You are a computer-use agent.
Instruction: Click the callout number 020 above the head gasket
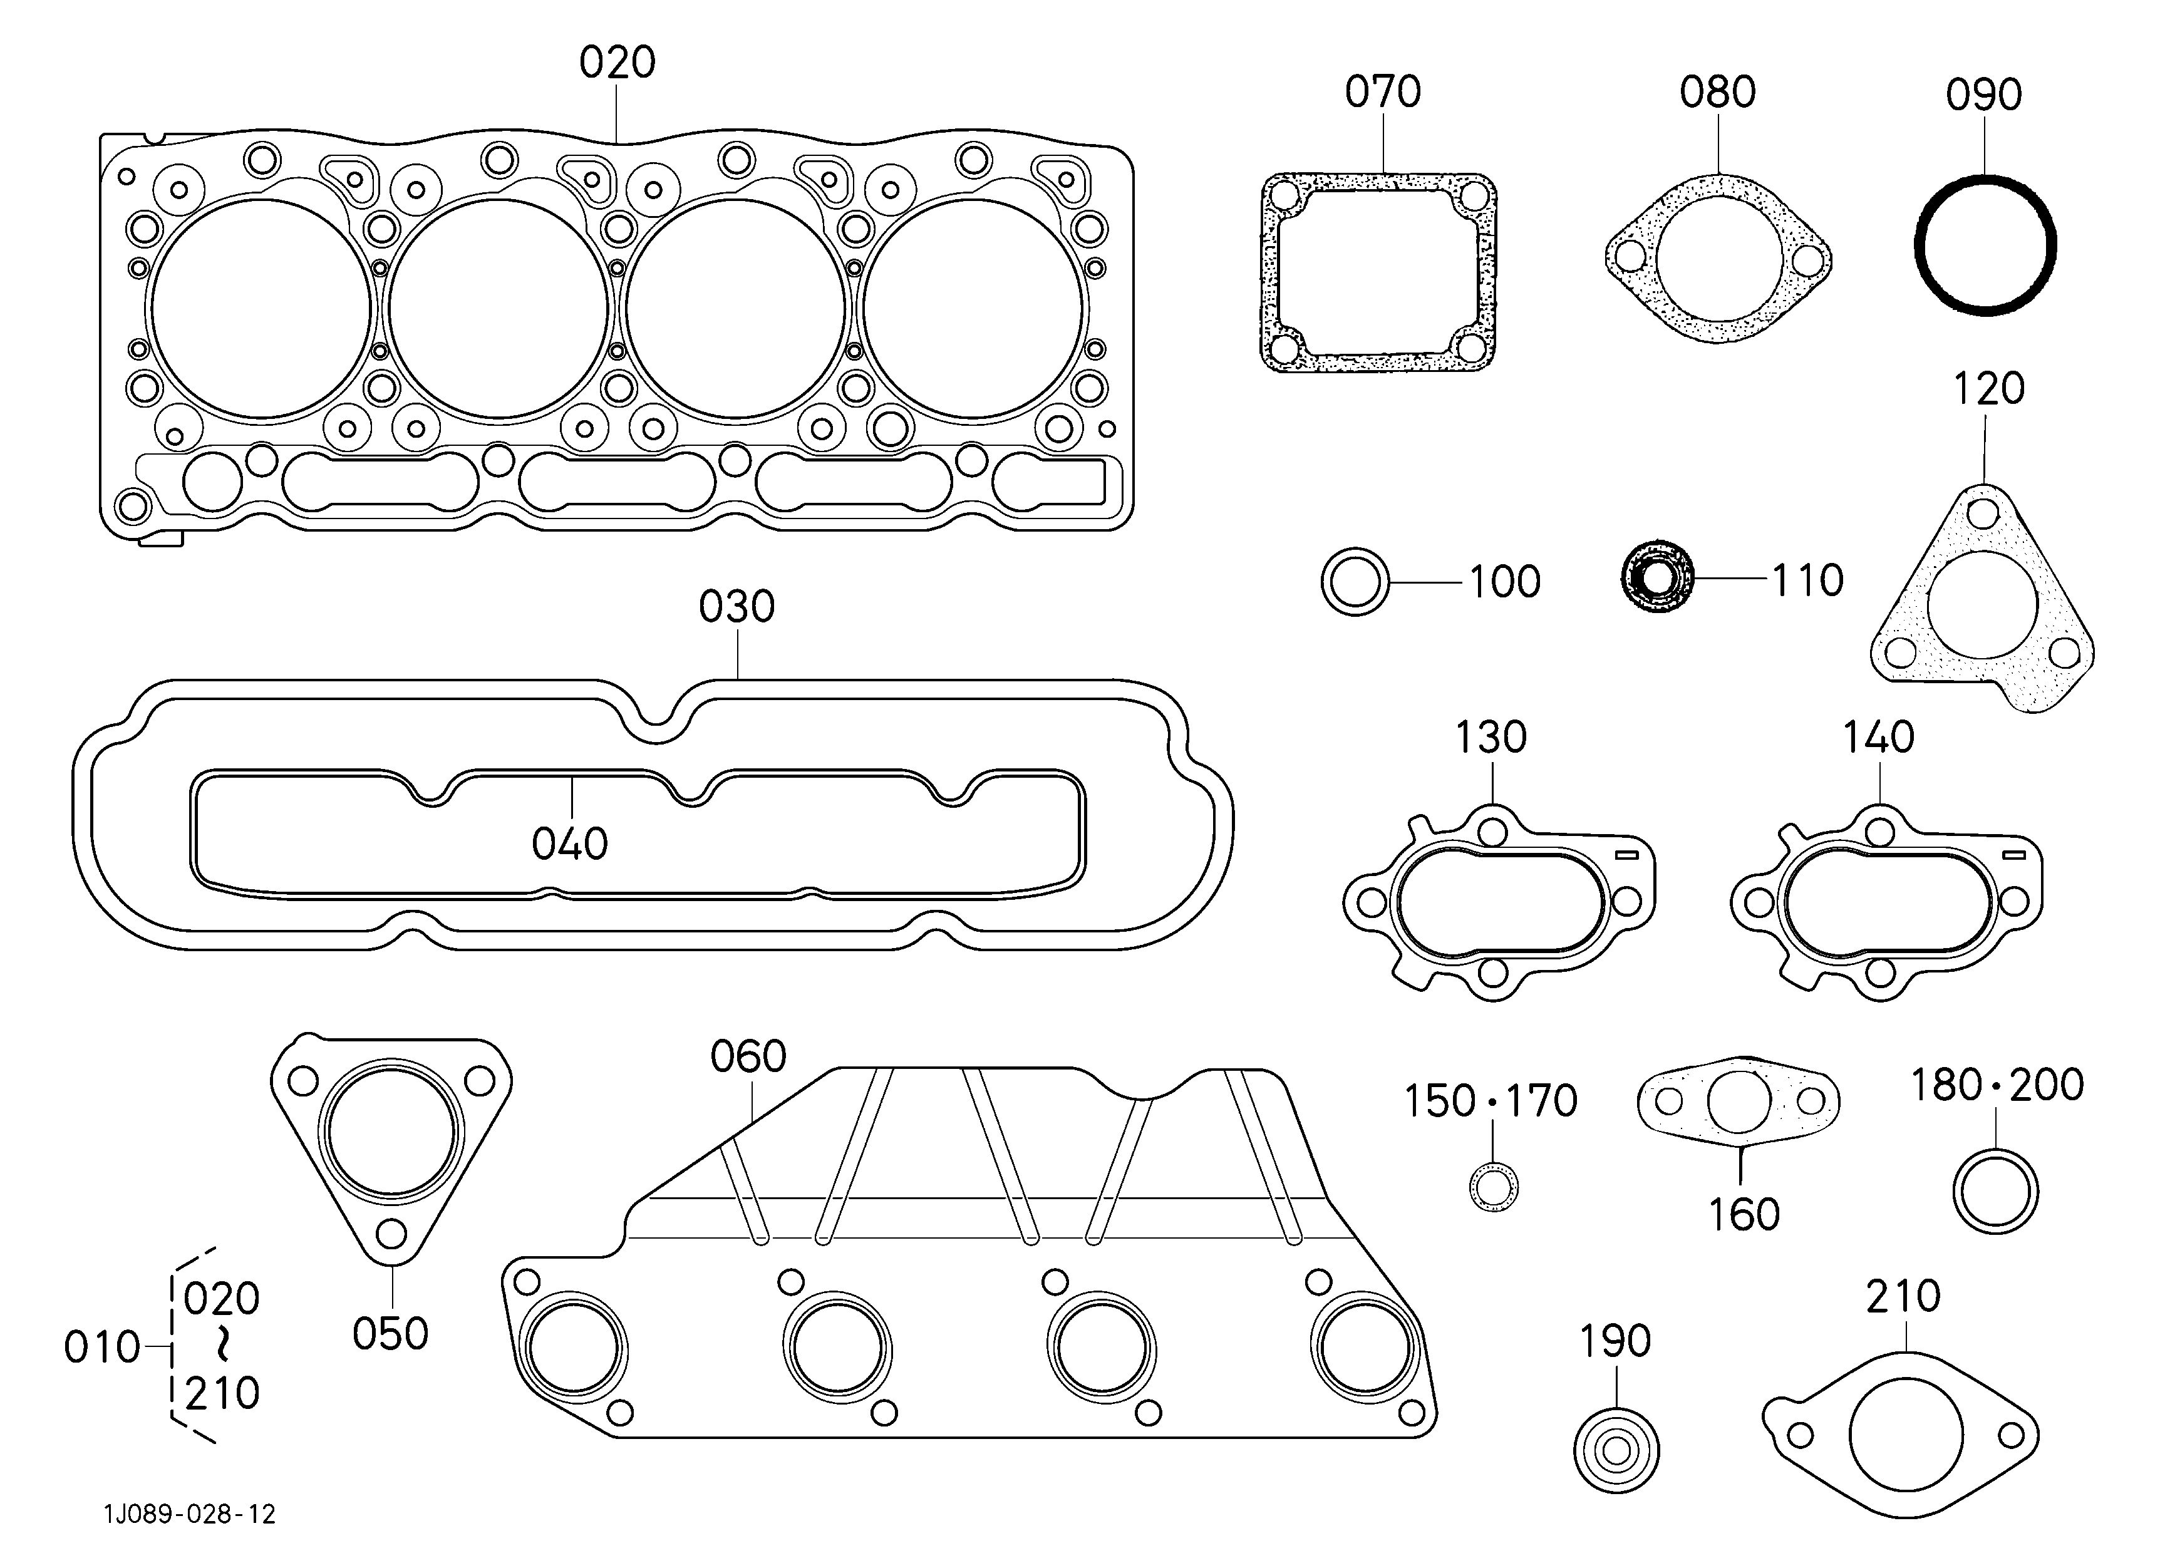[617, 63]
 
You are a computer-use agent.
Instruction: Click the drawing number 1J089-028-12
[190, 1514]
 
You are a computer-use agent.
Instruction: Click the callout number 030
[736, 606]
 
